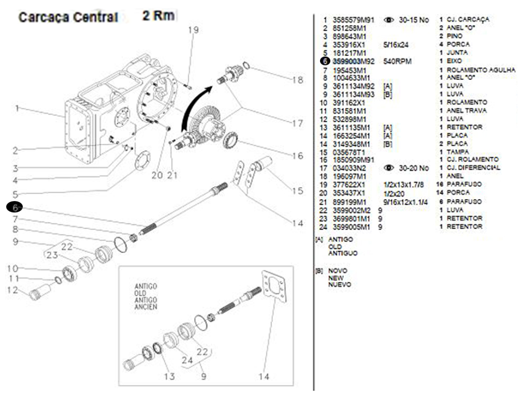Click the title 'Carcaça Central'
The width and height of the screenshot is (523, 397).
click(68, 17)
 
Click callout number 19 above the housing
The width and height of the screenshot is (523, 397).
click(193, 30)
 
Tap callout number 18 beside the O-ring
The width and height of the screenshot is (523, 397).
click(297, 80)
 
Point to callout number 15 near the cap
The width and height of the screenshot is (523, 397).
click(297, 191)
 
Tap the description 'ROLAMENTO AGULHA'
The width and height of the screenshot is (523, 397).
click(481, 69)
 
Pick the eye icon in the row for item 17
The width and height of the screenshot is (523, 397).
click(389, 168)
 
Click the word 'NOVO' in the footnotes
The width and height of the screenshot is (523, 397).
click(338, 271)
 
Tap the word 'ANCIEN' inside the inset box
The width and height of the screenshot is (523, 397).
click(146, 307)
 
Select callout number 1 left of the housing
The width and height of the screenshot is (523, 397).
click(17, 108)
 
